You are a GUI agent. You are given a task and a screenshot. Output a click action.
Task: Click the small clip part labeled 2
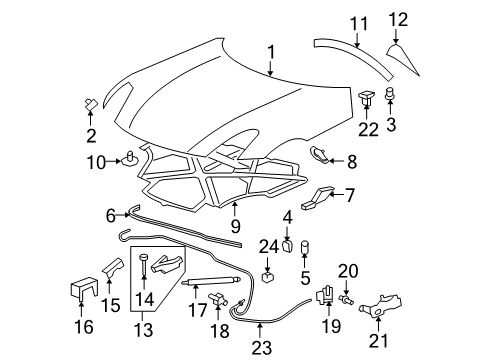click(91, 104)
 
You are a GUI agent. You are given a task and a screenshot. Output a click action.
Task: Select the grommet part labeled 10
click(131, 157)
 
